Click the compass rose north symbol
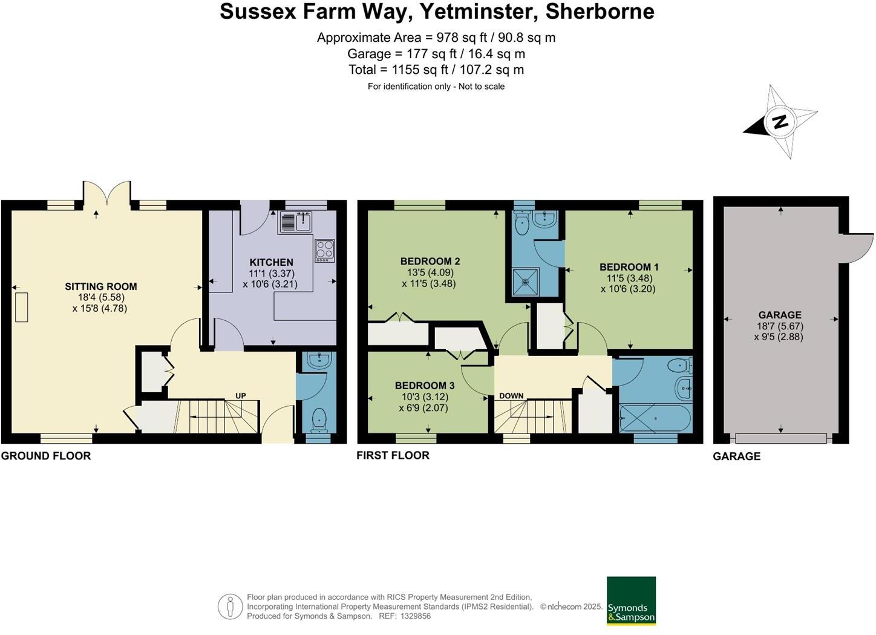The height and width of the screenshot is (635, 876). pyautogui.click(x=780, y=122)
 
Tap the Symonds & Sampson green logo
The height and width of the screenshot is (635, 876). pyautogui.click(x=631, y=600)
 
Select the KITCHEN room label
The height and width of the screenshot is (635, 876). pyautogui.click(x=271, y=262)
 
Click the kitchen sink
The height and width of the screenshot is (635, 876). pyautogui.click(x=295, y=222)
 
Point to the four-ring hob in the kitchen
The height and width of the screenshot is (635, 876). pyautogui.click(x=324, y=250)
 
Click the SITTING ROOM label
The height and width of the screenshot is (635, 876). pyautogui.click(x=101, y=286)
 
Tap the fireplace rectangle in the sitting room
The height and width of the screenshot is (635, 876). pyautogui.click(x=21, y=307)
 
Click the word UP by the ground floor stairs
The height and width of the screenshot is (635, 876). pyautogui.click(x=240, y=396)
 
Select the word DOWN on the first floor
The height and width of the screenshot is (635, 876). pyautogui.click(x=511, y=396)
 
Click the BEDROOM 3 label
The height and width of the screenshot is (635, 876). pyautogui.click(x=425, y=386)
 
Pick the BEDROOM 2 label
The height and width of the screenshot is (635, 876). pyautogui.click(x=430, y=262)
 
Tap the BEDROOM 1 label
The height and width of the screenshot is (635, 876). pyautogui.click(x=629, y=267)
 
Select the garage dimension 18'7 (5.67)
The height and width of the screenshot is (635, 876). pyautogui.click(x=780, y=326)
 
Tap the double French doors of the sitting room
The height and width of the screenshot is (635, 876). pyautogui.click(x=107, y=194)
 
